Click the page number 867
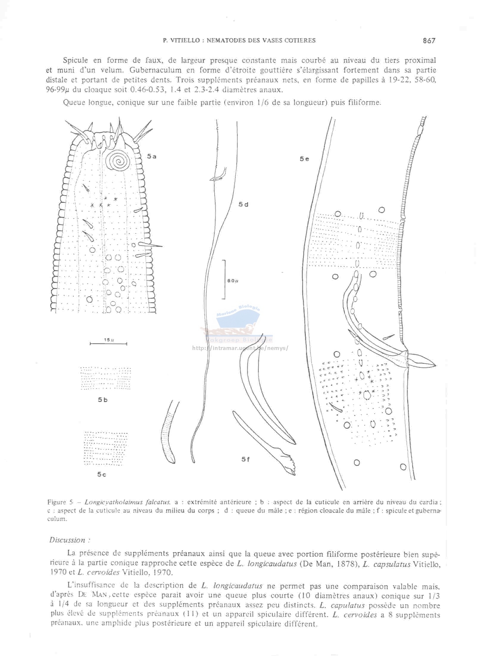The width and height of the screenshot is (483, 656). [429, 40]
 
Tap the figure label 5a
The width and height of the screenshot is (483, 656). [152, 156]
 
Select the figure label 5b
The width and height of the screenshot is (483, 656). [103, 400]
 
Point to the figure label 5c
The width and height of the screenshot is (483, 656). [101, 475]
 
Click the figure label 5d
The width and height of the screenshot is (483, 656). [243, 204]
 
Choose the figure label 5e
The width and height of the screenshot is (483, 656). [304, 159]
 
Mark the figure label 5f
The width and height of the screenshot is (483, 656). [246, 459]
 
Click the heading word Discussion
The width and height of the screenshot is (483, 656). [68, 540]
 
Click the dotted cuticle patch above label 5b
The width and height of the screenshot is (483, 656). [106, 378]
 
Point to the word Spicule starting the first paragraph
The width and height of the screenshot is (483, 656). [75, 60]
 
